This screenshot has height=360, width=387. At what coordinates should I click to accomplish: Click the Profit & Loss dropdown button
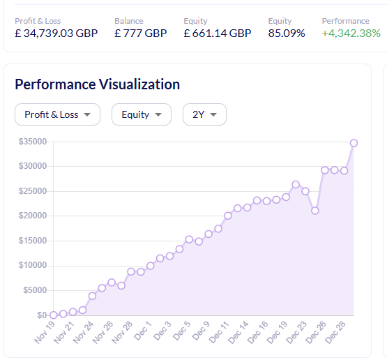coord(57,114)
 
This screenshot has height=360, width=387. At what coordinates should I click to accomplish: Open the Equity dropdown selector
coord(141,114)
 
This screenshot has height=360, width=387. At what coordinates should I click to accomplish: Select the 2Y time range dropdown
coord(204,114)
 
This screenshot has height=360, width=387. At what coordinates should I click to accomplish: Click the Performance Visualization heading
coord(97,84)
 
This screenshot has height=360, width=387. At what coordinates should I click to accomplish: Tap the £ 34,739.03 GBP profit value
coord(56,33)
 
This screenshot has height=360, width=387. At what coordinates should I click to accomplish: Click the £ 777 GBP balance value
coord(140,33)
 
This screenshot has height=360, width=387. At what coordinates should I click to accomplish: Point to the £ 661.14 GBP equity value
coord(217,33)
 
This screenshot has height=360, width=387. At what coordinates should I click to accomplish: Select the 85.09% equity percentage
coord(286,33)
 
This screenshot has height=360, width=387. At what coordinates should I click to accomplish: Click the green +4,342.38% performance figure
coord(351,33)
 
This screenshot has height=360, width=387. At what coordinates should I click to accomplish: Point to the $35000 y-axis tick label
coord(33,142)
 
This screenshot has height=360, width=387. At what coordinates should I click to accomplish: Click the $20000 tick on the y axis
coord(33,216)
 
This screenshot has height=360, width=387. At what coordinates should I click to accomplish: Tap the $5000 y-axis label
coord(35,290)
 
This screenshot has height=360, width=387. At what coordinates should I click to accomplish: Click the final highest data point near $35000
coord(354,143)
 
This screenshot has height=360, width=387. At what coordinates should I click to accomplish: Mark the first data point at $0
coord(54,315)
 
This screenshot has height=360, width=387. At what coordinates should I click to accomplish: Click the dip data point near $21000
coord(315,210)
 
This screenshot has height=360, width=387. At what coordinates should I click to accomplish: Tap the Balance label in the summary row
coord(128,21)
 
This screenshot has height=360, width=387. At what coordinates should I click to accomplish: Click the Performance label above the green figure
coord(345,21)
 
